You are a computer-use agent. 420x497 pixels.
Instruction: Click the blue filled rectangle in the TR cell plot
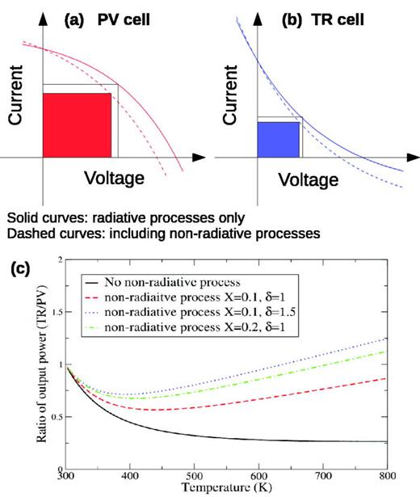pyautogui.click(x=278, y=138)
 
